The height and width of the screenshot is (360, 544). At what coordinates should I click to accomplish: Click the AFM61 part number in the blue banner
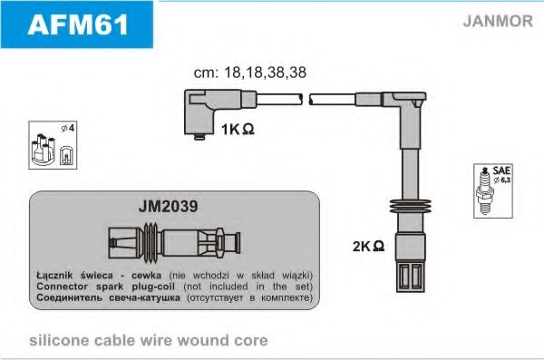coord(78,24)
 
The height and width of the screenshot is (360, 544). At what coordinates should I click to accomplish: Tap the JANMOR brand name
coord(498,21)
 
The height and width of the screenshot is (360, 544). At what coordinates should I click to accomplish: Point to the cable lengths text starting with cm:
coord(250,73)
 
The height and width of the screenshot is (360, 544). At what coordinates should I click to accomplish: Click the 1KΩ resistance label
coord(238,130)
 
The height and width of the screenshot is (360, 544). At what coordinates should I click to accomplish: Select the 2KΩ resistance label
coord(368,246)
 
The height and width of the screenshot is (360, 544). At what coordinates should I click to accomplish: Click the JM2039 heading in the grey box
coord(169,206)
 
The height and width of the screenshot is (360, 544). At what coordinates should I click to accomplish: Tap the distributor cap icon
coord(44,149)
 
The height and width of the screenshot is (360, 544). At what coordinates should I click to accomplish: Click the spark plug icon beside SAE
coord(484,191)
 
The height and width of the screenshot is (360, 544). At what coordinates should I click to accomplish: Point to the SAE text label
coord(501,170)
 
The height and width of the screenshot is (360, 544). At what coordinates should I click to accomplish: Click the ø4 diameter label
coord(68,128)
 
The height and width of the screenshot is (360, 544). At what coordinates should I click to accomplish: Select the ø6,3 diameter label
coord(502,180)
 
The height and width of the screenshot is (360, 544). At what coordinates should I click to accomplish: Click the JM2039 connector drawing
coord(174,241)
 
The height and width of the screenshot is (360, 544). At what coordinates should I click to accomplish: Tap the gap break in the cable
coord(306,99)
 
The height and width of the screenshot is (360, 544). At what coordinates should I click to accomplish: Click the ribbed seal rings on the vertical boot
coord(410,207)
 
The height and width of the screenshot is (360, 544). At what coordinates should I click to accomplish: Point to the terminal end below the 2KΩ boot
coord(411,277)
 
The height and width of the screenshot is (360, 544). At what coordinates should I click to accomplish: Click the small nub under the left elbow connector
coord(199,137)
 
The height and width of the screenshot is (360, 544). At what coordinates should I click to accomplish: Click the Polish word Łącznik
coord(54,276)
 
